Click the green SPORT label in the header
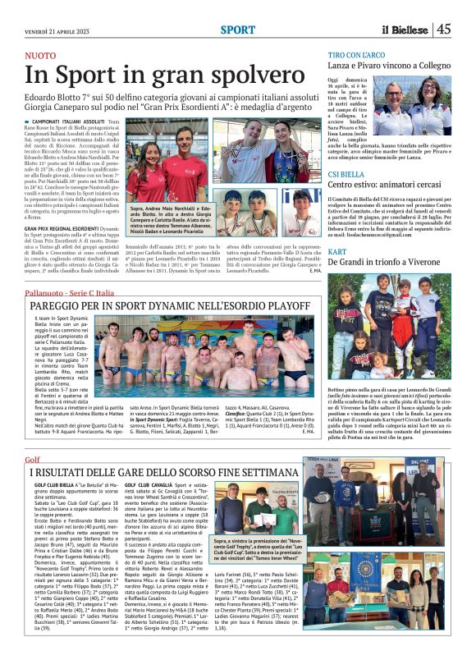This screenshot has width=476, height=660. coord(237,30)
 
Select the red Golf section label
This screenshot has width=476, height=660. coord(32,460)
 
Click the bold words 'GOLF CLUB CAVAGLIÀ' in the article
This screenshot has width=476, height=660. coord(151,486)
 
